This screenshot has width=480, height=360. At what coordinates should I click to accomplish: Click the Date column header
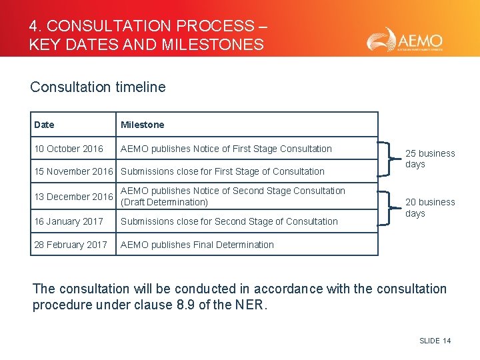point(44,125)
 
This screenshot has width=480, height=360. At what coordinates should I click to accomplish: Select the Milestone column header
point(142,125)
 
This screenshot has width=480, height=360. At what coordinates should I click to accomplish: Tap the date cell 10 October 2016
point(69,149)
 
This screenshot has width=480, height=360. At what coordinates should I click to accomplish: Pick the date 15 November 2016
point(73,171)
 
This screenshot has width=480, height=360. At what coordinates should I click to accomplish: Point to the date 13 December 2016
point(73,197)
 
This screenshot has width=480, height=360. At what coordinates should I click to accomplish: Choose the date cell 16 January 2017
point(69,221)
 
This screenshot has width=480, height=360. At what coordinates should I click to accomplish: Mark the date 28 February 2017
point(71,245)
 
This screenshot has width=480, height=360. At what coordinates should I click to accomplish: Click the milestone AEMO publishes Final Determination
point(197,245)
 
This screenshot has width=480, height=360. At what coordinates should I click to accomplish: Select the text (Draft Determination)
point(165,203)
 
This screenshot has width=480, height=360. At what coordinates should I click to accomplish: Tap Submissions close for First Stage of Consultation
point(223,171)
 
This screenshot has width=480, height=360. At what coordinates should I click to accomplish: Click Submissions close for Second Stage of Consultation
point(229,221)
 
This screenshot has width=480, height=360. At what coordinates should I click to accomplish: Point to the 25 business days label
point(430,159)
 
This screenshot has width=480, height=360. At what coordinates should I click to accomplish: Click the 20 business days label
point(430,207)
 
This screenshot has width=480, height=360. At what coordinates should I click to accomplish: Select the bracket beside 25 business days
point(389,159)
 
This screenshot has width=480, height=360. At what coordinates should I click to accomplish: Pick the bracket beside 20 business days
point(389,208)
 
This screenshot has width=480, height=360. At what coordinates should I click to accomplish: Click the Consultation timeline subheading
point(98,87)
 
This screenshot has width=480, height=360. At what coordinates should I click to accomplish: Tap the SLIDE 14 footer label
point(435,341)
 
